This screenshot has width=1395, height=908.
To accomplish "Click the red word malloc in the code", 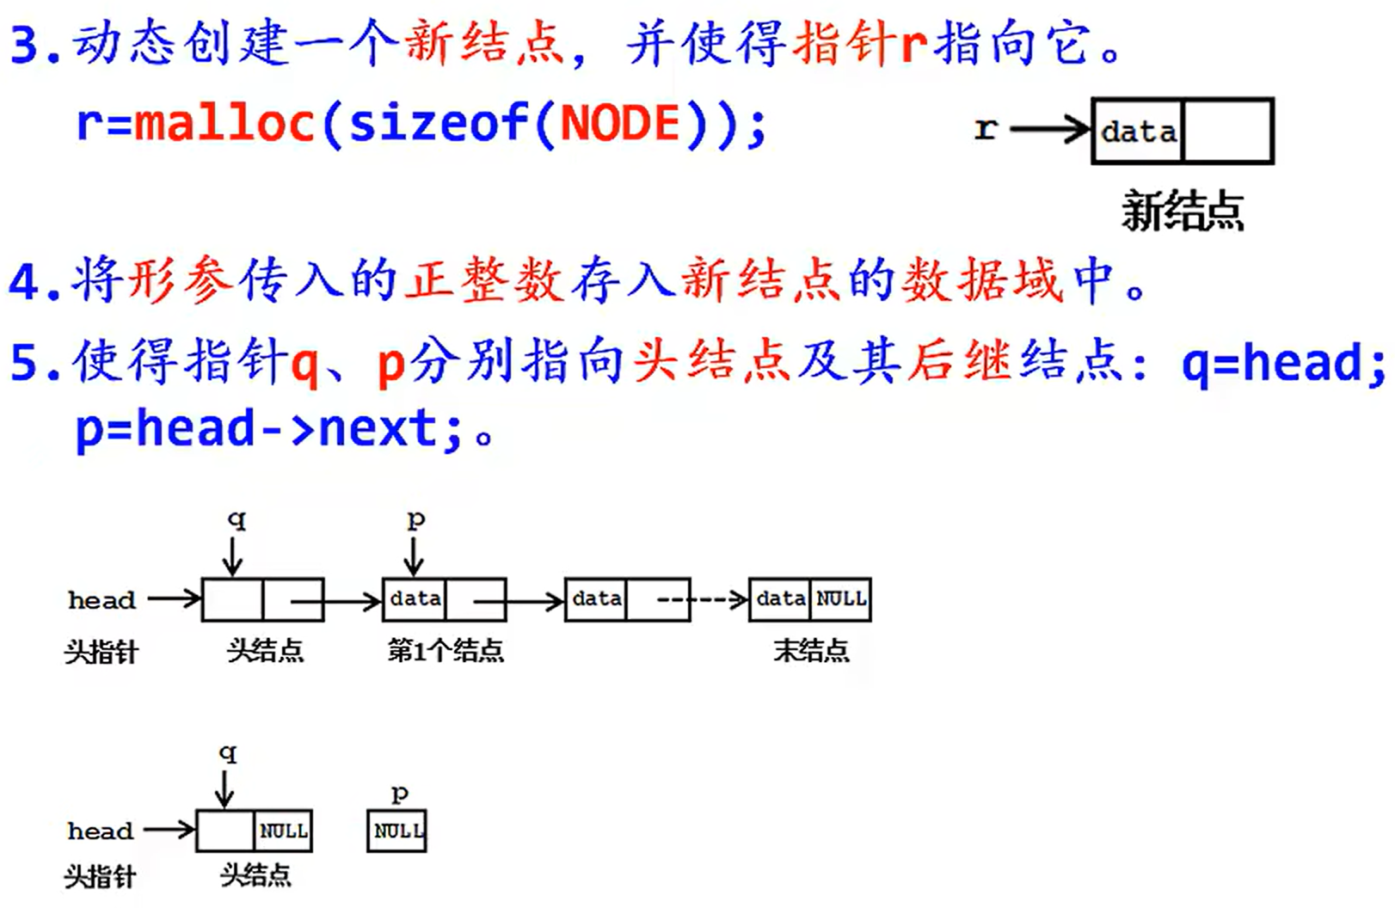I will [224, 122].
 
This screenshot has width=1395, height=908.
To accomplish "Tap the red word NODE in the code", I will [620, 122].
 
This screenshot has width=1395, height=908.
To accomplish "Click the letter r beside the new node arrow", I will [986, 129].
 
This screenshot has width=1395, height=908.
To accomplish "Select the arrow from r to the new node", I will [1049, 130].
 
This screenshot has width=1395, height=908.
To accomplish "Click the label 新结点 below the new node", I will [1183, 211].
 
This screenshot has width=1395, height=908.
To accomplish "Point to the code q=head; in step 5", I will [1282, 362].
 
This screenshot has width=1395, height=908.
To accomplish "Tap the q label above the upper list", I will [236, 519].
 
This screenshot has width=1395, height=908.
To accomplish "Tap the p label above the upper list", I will [415, 519].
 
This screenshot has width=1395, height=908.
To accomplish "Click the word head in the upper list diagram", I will [101, 599].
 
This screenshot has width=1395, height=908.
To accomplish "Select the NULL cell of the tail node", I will [840, 599].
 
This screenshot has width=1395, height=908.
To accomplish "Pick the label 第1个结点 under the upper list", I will [446, 651].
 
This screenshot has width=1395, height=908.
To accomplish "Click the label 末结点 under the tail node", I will [811, 651].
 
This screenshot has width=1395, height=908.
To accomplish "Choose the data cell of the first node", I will [415, 599].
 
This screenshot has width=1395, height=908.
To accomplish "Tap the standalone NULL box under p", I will [396, 831].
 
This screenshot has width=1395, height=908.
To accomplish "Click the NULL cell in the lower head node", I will [283, 831].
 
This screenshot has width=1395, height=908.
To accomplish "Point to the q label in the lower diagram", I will [227, 754].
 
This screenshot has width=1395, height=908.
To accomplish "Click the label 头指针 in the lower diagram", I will [101, 877].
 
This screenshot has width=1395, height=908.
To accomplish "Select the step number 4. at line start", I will [34, 282].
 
